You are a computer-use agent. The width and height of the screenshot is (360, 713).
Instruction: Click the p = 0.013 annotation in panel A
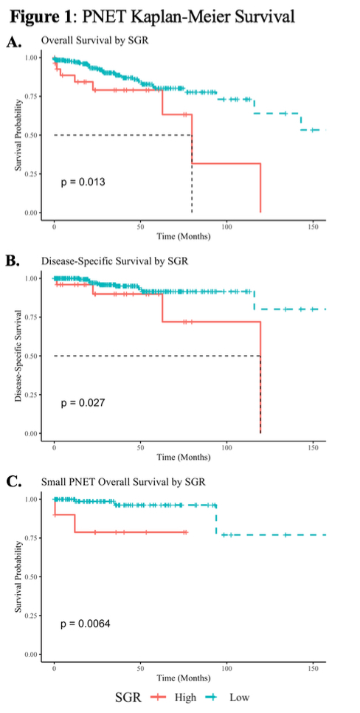(x=83, y=182)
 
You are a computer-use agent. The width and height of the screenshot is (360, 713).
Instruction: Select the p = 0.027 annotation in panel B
(x=83, y=403)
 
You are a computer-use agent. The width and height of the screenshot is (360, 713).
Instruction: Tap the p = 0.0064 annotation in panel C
(x=86, y=624)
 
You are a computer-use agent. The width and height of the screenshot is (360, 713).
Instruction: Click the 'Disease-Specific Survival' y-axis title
(x=18, y=356)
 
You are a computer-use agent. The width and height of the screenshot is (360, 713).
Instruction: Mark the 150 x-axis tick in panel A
(x=313, y=227)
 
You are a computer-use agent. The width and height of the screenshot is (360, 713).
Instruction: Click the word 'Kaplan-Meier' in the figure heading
(x=179, y=16)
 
